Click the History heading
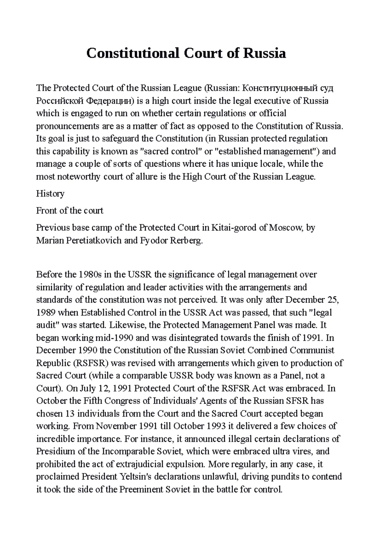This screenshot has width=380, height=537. (x=50, y=194)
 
